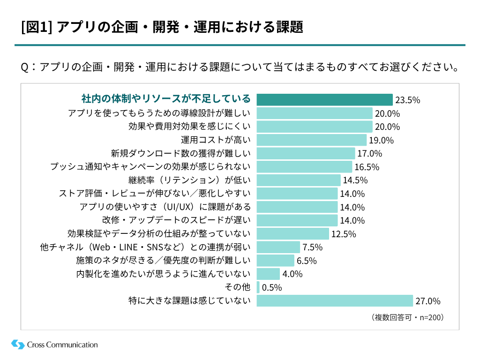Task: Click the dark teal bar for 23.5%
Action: click(x=324, y=99)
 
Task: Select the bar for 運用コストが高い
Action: click(x=311, y=140)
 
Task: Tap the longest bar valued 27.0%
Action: click(x=335, y=300)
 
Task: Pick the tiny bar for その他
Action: click(x=258, y=287)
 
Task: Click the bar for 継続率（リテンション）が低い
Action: click(x=299, y=180)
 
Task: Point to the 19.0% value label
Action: click(x=381, y=140)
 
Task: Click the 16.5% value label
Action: click(x=367, y=167)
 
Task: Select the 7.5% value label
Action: click(x=312, y=247)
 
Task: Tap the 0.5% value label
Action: click(x=272, y=287)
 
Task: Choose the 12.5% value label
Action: click(x=344, y=234)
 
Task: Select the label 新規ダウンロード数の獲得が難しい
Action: click(x=181, y=153)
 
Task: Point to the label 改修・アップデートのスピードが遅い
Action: click(x=177, y=220)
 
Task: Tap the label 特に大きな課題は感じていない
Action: click(x=190, y=300)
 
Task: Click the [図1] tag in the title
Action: click(x=37, y=27)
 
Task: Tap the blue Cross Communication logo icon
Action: click(x=18, y=345)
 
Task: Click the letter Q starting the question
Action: click(x=26, y=67)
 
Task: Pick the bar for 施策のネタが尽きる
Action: click(x=275, y=260)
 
